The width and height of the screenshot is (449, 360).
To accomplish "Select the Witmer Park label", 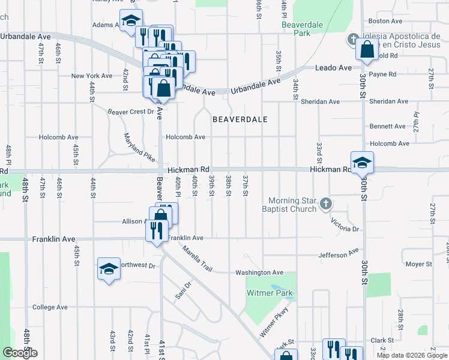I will point(270,293).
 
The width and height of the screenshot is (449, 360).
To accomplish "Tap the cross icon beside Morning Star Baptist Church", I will point(325,204).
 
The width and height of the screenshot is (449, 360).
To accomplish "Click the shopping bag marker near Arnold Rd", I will point(367,49).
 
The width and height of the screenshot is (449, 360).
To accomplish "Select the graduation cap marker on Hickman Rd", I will point(363,163).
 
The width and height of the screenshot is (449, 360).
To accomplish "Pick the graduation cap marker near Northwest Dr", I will point(109,269).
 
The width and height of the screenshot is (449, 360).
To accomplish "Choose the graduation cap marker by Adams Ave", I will point(131,21).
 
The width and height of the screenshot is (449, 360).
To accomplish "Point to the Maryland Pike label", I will point(139,148).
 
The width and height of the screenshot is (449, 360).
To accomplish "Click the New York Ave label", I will point(92,76).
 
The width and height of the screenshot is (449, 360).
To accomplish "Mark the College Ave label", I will point(50,307).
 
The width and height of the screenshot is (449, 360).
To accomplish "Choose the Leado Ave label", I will point(333,68).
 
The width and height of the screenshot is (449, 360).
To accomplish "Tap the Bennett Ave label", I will point(388,127).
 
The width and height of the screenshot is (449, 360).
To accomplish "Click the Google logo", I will point(20,353).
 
